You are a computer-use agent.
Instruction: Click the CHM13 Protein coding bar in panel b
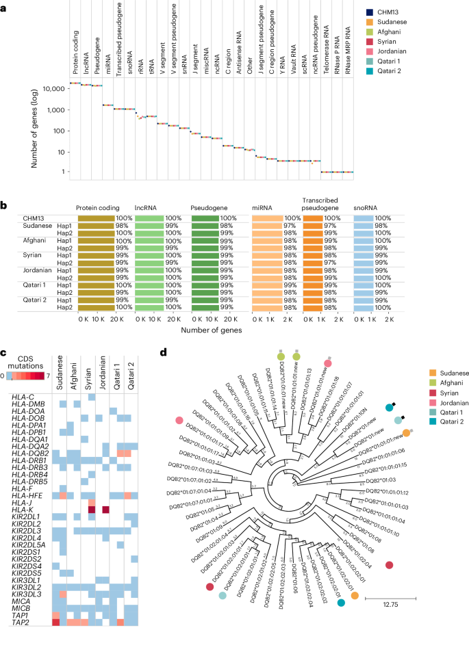(x=95, y=218)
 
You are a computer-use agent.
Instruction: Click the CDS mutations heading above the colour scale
(x=25, y=362)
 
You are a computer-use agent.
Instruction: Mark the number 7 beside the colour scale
(x=49, y=376)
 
